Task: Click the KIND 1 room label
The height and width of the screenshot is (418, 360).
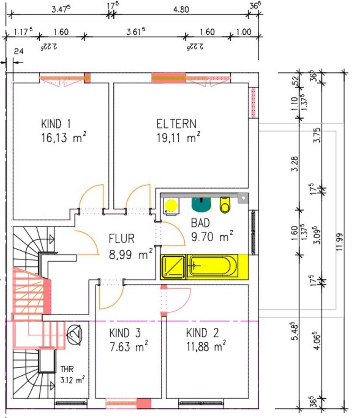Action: coord(56,124)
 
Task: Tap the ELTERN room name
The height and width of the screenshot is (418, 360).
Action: coord(177,124)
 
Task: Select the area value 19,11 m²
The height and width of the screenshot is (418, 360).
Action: coord(178,137)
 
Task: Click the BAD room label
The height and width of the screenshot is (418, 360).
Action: coord(200,223)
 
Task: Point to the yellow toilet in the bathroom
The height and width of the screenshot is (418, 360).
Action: coord(225,205)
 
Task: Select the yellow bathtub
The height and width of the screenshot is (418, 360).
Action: coord(213,266)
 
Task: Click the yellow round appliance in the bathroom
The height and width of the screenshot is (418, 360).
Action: coord(171,205)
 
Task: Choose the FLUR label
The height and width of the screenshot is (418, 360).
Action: coord(122,239)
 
